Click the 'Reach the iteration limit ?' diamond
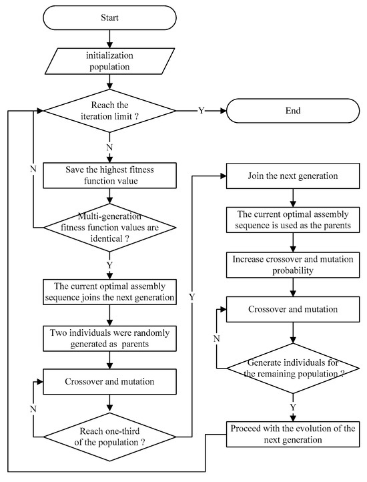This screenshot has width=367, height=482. (x=109, y=111)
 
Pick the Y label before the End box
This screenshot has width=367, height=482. (x=201, y=111)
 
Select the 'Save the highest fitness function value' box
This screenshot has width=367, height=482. (x=109, y=175)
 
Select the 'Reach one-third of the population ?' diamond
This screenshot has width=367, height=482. (x=109, y=434)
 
